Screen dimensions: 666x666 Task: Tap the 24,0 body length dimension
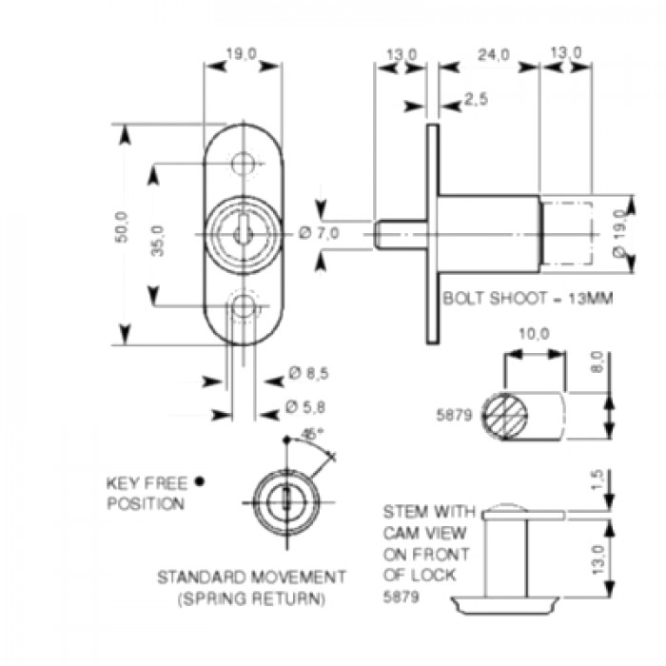point(491,55)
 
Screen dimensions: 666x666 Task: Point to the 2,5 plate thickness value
point(477,99)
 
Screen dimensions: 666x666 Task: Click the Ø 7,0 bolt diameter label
point(319,233)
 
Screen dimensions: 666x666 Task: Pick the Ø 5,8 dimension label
point(309,407)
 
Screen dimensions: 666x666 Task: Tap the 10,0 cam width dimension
point(534,335)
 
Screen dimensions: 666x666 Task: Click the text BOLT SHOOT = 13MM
point(527,298)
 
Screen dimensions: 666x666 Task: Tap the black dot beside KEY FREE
point(201,480)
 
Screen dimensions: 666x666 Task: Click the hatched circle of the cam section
point(505,415)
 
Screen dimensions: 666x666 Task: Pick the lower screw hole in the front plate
point(246,306)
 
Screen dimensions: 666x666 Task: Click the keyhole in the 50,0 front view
point(244,232)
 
